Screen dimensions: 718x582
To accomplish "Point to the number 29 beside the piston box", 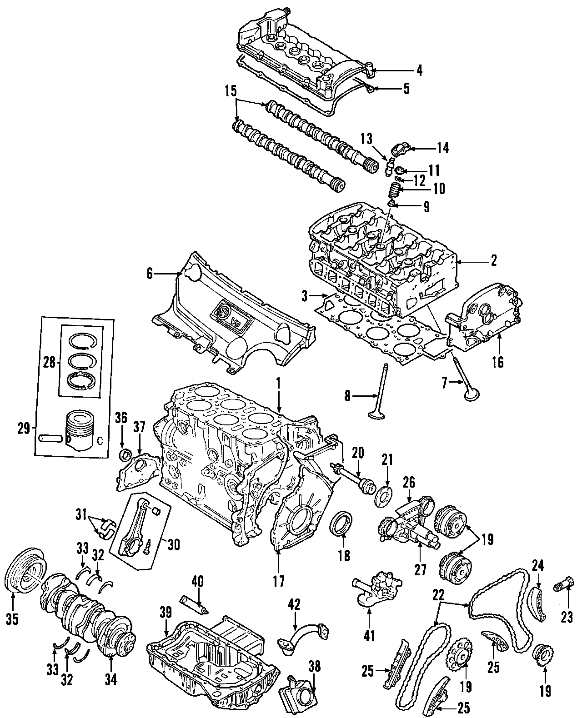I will [x=23, y=428].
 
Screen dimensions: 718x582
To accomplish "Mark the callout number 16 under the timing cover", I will [x=498, y=363].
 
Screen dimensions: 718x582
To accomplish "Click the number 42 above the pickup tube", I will [x=295, y=604].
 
